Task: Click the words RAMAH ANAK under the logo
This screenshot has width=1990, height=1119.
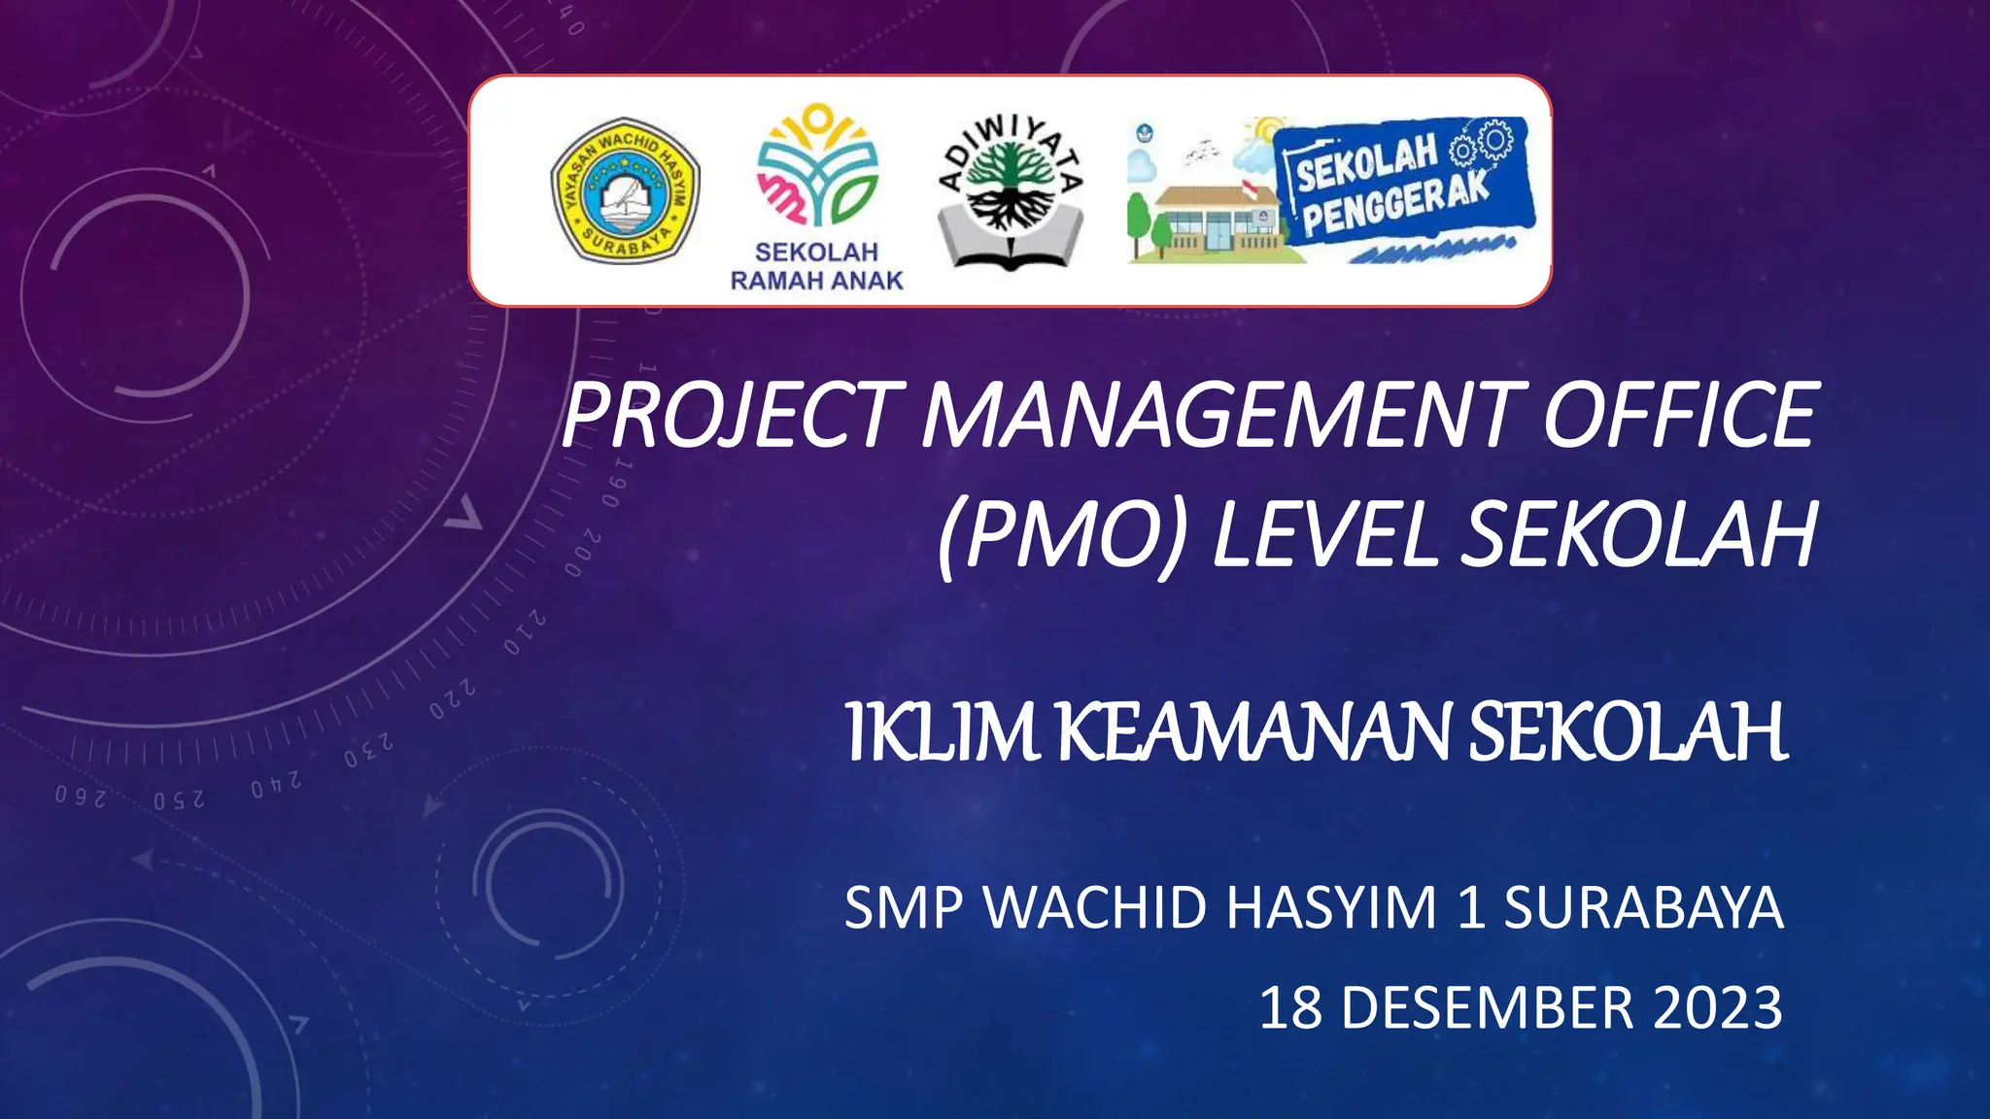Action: click(x=816, y=281)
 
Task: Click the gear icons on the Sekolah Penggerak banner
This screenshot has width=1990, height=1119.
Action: click(x=1481, y=146)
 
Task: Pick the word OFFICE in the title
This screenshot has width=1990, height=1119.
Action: click(x=1679, y=415)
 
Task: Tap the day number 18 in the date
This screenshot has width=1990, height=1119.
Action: click(x=1290, y=1007)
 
